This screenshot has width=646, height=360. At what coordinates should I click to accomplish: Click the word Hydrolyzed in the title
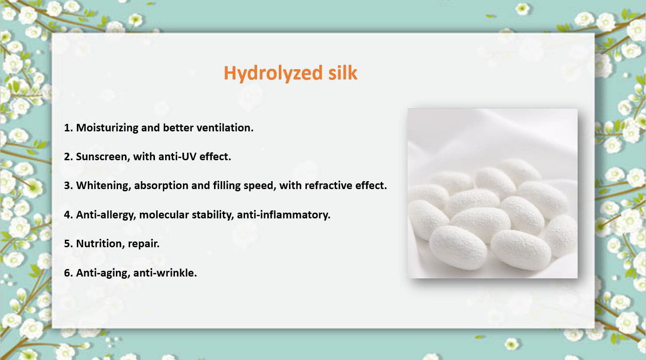pos(273,73)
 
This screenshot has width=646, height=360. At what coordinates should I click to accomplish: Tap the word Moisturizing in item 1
pos(107,128)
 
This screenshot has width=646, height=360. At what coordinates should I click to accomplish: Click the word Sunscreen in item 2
pos(102,157)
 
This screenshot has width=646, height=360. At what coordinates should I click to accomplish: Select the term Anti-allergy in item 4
pos(106,215)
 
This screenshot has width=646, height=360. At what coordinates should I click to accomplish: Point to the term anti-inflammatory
pos(283,215)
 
